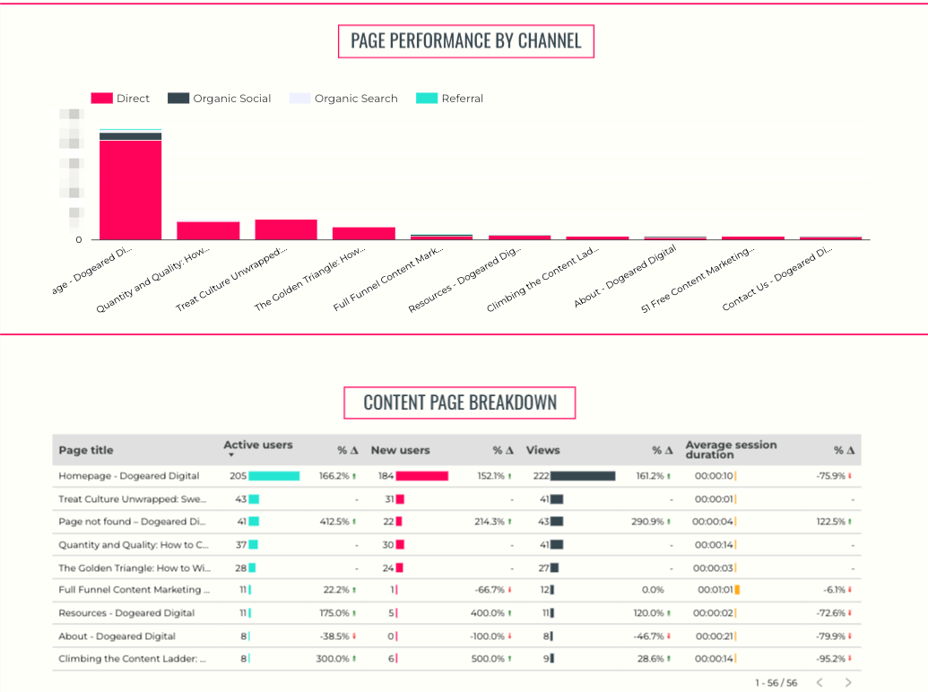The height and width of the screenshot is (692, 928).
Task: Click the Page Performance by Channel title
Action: click(465, 41)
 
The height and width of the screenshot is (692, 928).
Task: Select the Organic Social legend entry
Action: click(231, 99)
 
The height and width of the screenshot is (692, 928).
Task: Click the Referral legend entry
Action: click(462, 99)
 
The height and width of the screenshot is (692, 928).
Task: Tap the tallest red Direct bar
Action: click(130, 190)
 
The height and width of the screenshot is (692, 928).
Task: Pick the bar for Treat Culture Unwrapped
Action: click(285, 229)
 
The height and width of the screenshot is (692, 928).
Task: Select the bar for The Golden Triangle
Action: click(363, 233)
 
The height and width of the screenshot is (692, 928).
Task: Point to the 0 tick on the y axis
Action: click(79, 239)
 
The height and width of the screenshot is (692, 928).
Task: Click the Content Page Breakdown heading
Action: click(459, 403)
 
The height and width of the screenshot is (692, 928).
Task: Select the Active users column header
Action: click(257, 445)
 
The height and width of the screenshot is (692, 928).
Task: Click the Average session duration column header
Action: click(731, 450)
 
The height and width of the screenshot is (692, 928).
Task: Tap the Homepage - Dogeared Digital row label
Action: click(129, 476)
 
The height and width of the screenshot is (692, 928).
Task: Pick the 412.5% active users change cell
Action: click(336, 522)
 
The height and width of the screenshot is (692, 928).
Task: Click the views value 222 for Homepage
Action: click(540, 476)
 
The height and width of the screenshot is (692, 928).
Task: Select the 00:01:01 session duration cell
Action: click(715, 590)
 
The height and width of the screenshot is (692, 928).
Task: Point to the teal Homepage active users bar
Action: click(273, 476)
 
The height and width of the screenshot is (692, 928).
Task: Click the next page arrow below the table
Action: click(847, 683)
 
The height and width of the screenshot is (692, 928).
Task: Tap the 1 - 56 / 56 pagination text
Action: click(776, 683)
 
